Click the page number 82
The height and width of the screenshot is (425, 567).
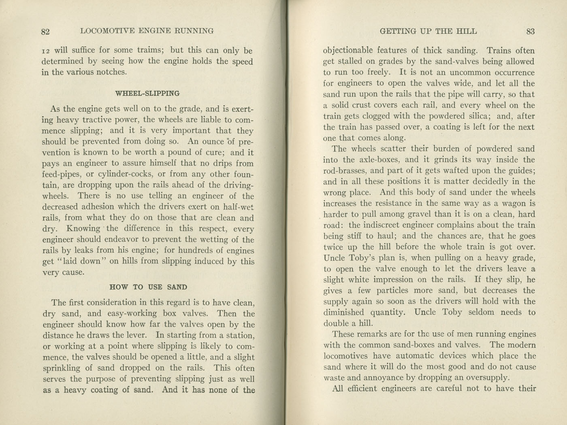pyautogui.click(x=45, y=32)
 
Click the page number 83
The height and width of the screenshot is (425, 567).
pyautogui.click(x=530, y=31)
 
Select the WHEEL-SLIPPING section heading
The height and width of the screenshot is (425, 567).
pyautogui.click(x=147, y=93)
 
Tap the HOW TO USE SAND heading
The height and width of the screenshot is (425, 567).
pyautogui.click(x=148, y=287)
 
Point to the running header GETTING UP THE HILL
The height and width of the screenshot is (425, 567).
pyautogui.click(x=428, y=31)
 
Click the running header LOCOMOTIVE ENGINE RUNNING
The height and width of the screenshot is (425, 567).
pyautogui.click(x=147, y=31)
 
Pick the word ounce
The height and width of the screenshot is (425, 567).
pyautogui.click(x=212, y=142)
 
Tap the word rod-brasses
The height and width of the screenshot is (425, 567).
pyautogui.click(x=348, y=171)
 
